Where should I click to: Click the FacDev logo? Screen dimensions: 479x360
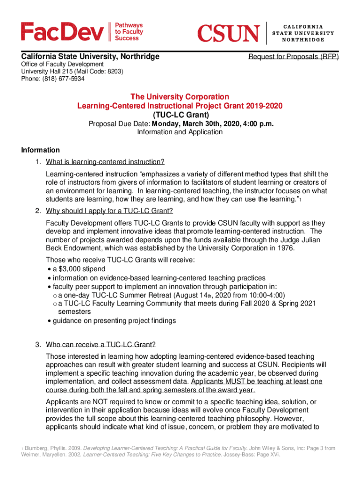coord(62,32)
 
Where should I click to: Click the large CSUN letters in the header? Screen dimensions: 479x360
coord(228,33)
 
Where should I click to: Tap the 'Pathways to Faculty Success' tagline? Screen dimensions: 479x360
coord(129,32)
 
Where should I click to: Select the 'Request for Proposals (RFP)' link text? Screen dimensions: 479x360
coord(293,57)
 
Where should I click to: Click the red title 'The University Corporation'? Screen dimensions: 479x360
coord(180,97)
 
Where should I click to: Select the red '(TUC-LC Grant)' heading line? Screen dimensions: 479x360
coord(180,115)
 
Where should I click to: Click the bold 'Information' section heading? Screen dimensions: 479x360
coord(41,150)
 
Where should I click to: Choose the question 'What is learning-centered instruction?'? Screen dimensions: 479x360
coord(105,162)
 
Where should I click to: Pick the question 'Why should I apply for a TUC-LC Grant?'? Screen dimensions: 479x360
coord(109,210)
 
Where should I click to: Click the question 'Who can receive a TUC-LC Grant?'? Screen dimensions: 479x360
coord(101,345)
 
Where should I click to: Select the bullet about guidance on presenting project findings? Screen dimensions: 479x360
coord(114,320)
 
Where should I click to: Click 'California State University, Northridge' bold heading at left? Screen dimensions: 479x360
coord(90,57)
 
